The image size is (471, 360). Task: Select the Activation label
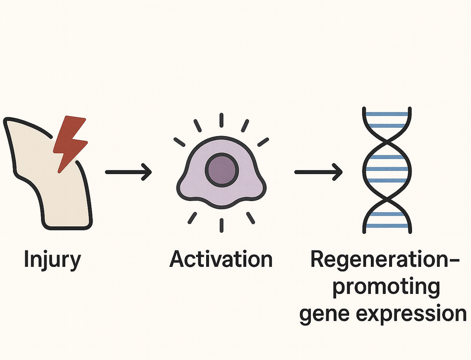point(221,259)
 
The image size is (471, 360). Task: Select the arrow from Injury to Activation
point(128,172)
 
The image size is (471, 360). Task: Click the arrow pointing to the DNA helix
point(318,172)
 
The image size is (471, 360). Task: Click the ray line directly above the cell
point(221,120)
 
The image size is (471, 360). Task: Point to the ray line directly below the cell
point(221,224)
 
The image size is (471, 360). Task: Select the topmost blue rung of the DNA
point(386,113)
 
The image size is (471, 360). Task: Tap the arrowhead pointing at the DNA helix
point(337,172)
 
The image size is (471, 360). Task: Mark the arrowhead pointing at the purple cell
point(147,172)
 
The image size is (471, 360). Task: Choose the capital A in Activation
point(177,259)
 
